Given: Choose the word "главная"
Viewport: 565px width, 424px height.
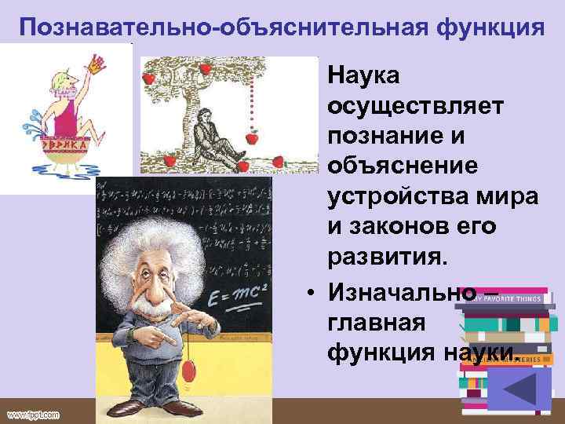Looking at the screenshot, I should [x=375, y=322].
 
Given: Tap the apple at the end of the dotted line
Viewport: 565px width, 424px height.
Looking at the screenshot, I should [x=253, y=138].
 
